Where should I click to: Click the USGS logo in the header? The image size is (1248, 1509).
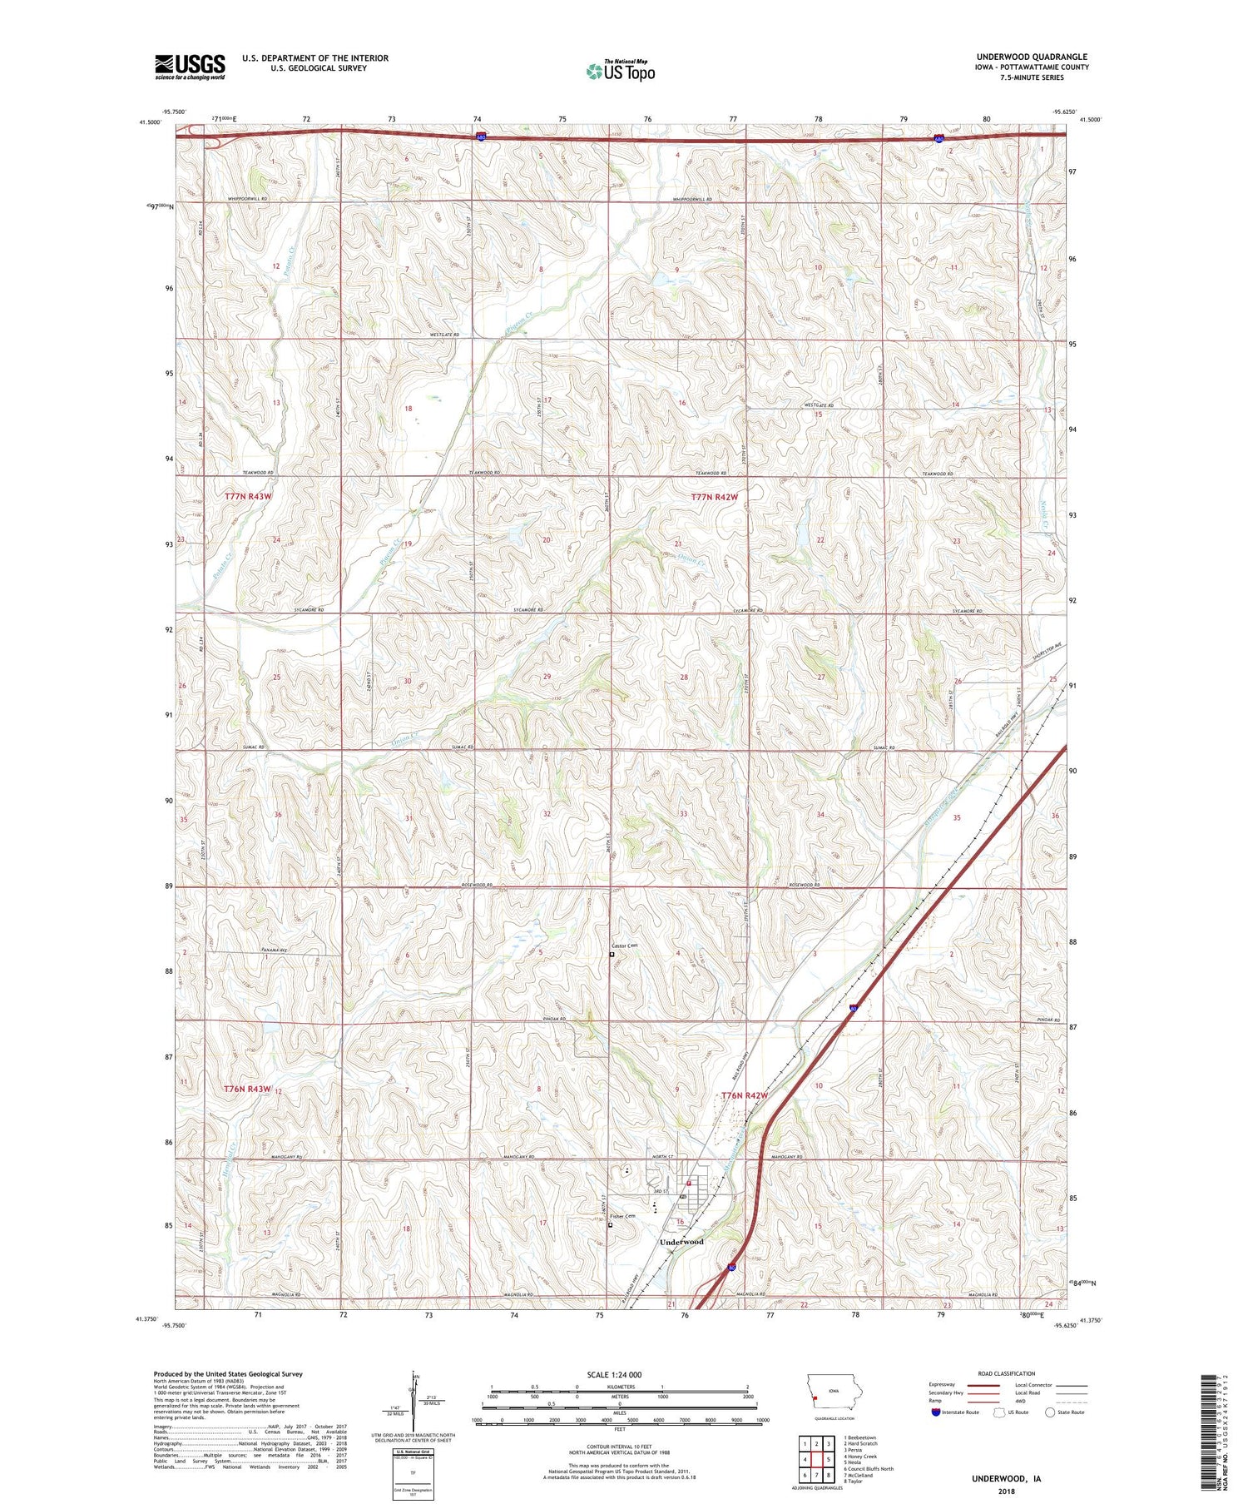pos(190,67)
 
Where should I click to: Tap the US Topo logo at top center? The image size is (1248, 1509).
pos(621,72)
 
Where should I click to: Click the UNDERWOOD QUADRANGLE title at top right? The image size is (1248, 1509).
pos(1032,57)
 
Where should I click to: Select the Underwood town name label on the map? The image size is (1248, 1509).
pos(681,1242)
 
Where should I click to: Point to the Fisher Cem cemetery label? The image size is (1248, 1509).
pos(625,1216)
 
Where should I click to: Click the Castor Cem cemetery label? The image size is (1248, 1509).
pos(624,946)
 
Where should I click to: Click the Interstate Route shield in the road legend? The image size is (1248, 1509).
pos(936,1412)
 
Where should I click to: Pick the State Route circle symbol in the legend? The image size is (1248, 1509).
pos(1051,1412)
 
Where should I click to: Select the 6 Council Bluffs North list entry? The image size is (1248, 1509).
pos(869,1469)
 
